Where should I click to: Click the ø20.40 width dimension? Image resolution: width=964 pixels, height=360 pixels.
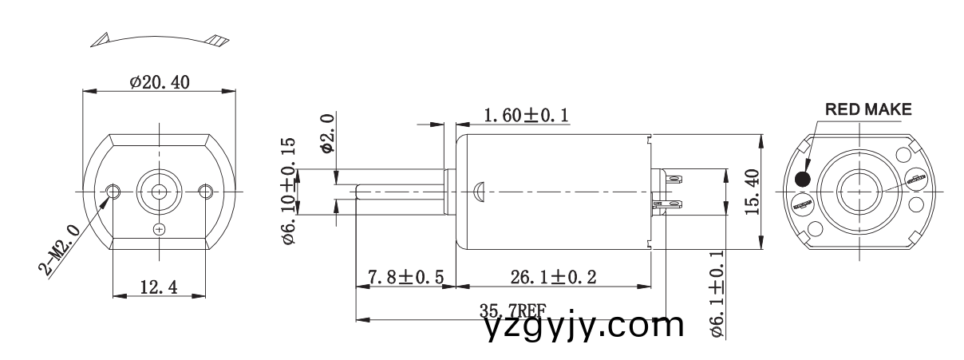160,81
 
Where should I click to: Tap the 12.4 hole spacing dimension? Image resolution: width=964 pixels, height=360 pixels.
158,286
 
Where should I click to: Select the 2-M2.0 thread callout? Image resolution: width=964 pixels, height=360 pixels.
61,250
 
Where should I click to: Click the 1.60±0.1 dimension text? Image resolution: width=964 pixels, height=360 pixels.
526,116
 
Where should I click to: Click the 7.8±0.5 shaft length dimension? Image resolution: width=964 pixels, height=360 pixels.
405,278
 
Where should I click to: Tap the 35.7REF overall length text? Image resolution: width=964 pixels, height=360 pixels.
512,311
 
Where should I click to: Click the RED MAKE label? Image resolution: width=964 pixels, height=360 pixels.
867,110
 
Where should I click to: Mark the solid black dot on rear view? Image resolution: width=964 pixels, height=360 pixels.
804,179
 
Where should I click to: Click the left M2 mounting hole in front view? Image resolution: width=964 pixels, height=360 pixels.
113,192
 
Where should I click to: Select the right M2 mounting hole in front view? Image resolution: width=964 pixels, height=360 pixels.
206,192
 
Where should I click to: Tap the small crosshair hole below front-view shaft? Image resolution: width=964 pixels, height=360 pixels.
160,229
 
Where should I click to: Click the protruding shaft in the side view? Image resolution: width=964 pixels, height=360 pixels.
399,192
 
